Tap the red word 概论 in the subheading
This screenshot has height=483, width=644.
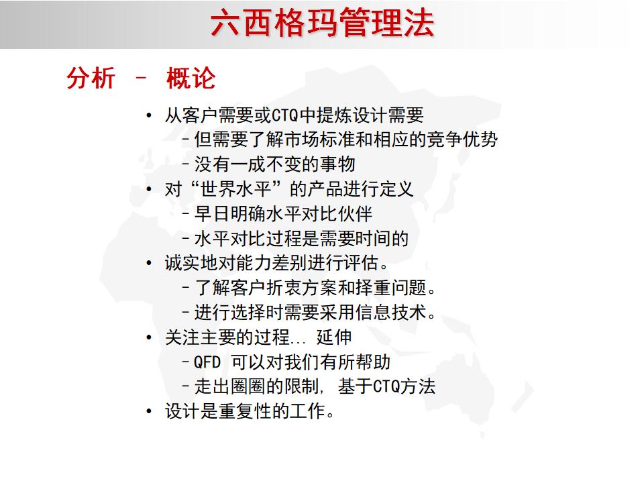tap(191, 79)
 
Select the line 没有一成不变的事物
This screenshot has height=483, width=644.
tap(274, 164)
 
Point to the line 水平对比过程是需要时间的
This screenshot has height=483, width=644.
tap(301, 238)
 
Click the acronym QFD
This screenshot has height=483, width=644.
tap(207, 362)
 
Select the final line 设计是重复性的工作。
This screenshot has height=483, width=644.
tap(250, 411)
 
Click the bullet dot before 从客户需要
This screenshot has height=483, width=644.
tap(149, 115)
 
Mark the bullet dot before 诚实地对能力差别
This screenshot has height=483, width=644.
tap(149, 264)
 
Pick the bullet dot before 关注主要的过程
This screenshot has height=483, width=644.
tap(149, 337)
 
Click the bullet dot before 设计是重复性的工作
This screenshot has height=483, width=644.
tap(149, 411)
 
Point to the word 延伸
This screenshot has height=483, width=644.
tap(335, 337)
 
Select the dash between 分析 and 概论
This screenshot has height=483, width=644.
tap(140, 78)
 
